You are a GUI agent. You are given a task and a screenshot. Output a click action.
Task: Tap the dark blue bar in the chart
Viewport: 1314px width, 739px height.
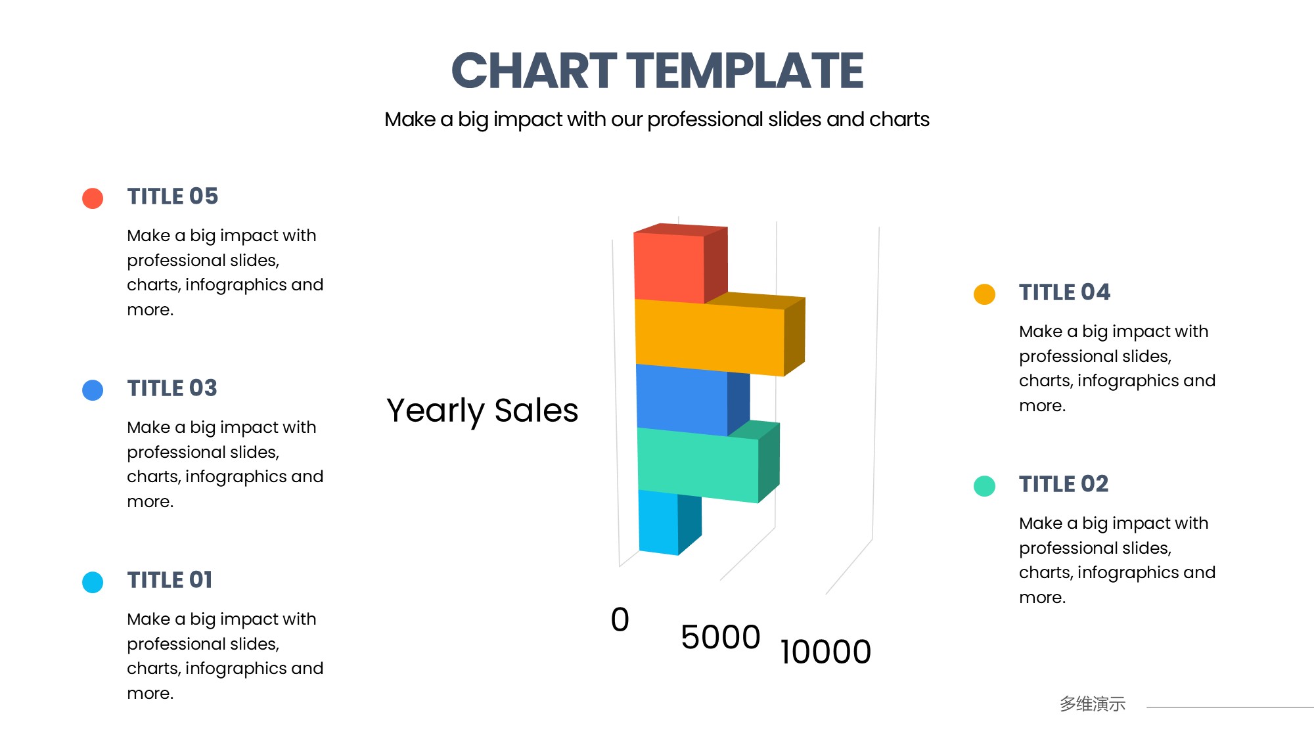click(x=690, y=399)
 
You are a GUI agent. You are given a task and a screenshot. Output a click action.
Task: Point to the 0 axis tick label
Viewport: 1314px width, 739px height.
click(x=620, y=619)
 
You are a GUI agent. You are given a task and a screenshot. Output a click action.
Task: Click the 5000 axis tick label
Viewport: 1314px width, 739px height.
click(x=721, y=637)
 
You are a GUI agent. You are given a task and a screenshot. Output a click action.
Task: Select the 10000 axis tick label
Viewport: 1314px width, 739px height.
click(x=826, y=652)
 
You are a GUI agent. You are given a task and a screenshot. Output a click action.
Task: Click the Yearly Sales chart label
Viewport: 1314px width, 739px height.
click(x=482, y=411)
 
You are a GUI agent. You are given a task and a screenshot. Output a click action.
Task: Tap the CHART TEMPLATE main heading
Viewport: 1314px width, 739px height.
click(x=657, y=70)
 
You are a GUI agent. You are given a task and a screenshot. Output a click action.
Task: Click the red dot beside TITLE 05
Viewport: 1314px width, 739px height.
click(x=93, y=198)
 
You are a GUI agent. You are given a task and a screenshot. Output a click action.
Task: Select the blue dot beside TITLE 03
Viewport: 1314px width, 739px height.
click(x=93, y=390)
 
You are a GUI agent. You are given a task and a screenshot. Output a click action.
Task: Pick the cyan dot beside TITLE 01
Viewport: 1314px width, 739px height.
click(x=93, y=582)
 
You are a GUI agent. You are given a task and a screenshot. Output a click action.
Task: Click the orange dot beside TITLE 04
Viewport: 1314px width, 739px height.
click(x=984, y=294)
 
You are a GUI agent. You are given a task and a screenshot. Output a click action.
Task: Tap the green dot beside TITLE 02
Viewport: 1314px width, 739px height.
click(x=984, y=486)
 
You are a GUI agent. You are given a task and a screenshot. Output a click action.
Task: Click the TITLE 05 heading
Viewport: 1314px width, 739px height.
click(x=173, y=196)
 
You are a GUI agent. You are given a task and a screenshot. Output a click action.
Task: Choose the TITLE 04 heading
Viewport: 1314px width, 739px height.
click(x=1064, y=292)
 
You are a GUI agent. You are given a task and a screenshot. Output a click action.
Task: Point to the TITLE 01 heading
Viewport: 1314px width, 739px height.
click(x=170, y=580)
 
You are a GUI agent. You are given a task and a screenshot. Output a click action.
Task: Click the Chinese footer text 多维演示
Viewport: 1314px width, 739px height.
click(x=1093, y=704)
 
